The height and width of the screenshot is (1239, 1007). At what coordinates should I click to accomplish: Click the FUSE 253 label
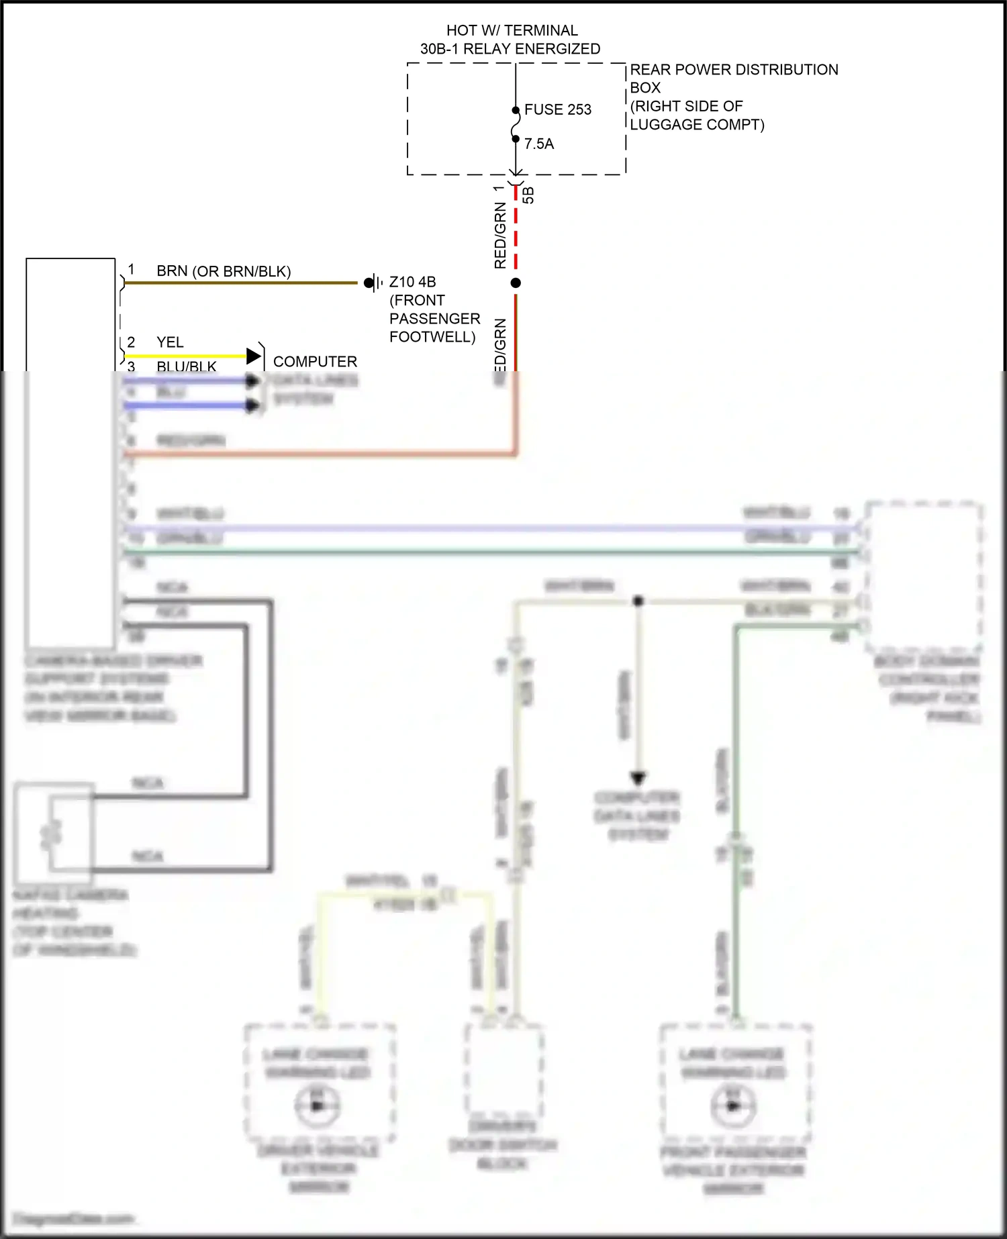tap(557, 109)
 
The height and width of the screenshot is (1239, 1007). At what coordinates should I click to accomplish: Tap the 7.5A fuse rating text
tap(538, 144)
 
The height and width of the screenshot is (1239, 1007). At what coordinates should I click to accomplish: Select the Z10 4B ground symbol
tap(373, 283)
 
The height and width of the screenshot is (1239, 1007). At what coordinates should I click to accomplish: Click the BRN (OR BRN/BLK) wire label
tap(223, 271)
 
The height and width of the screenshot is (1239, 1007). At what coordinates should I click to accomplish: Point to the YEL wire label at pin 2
tap(170, 342)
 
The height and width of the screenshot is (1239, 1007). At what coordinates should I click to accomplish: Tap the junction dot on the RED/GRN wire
tap(516, 283)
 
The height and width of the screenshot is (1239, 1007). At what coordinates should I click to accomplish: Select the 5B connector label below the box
tap(529, 195)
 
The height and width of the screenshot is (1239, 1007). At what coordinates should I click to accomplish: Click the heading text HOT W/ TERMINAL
tap(512, 31)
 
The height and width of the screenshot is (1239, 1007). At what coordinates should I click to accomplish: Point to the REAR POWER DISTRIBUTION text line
tap(734, 70)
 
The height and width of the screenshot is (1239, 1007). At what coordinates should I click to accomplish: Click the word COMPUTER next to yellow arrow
tap(315, 362)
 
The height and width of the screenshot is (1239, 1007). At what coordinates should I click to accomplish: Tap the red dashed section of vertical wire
tap(516, 228)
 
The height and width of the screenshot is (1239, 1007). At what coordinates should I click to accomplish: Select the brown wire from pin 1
tap(242, 283)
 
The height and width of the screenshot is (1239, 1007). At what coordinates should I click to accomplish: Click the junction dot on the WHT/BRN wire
tap(638, 601)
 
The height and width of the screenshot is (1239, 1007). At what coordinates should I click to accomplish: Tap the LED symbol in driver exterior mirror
tap(318, 1105)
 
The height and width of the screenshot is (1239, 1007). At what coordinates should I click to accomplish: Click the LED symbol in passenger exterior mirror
tap(733, 1105)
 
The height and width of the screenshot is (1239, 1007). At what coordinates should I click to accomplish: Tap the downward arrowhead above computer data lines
tap(638, 779)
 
